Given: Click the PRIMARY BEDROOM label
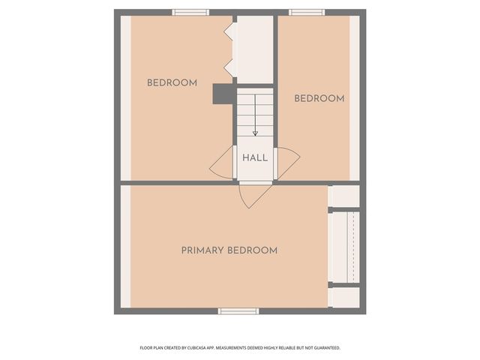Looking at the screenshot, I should tap(229, 250).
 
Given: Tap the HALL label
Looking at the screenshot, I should tap(254, 158).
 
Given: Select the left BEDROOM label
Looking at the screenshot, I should tap(172, 83).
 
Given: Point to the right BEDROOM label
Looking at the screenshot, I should tap(319, 99).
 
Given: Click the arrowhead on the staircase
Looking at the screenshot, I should tap(255, 133).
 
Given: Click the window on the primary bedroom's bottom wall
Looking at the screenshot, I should tap(238, 310).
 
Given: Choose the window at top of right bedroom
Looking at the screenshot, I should tap(307, 12).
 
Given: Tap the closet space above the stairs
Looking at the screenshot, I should tap(255, 49).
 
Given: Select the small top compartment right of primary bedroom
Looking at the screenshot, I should tap(345, 196).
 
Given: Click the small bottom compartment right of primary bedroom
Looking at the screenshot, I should tap(345, 297).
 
